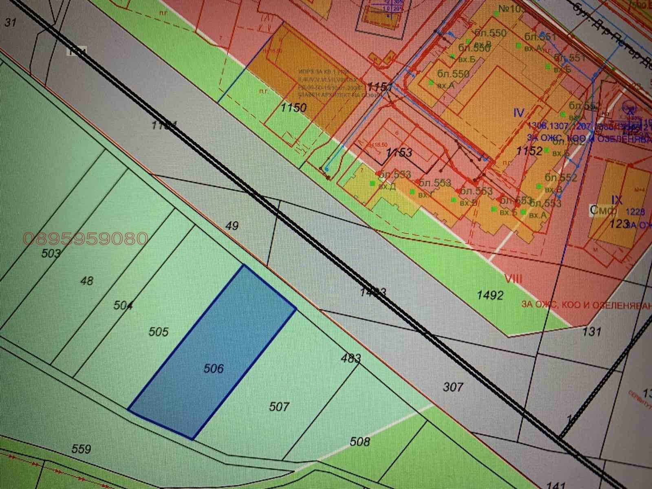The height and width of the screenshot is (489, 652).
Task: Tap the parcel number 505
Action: [x=159, y=332]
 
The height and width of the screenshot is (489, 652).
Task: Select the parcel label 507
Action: [x=279, y=406]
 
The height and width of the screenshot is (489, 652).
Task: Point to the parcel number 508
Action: [x=360, y=441]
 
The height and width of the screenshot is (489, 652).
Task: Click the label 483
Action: [x=351, y=359]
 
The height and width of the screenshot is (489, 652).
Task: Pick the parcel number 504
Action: [x=123, y=305]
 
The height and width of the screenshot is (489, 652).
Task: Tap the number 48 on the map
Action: [x=87, y=281]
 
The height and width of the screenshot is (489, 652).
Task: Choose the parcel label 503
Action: [x=51, y=253]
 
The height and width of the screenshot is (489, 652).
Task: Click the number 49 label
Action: [x=231, y=225]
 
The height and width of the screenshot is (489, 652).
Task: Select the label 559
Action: [x=81, y=449]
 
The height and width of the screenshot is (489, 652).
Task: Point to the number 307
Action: [x=453, y=386]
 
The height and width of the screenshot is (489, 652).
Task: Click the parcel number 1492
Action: [x=492, y=295]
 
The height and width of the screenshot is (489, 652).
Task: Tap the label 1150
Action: [x=293, y=108]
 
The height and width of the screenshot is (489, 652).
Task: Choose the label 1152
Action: [x=529, y=151]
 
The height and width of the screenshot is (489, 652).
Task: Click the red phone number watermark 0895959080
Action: [x=86, y=238]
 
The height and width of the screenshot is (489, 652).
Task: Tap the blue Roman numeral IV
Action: [x=518, y=112]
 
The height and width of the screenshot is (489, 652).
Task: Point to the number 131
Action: [x=592, y=331]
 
